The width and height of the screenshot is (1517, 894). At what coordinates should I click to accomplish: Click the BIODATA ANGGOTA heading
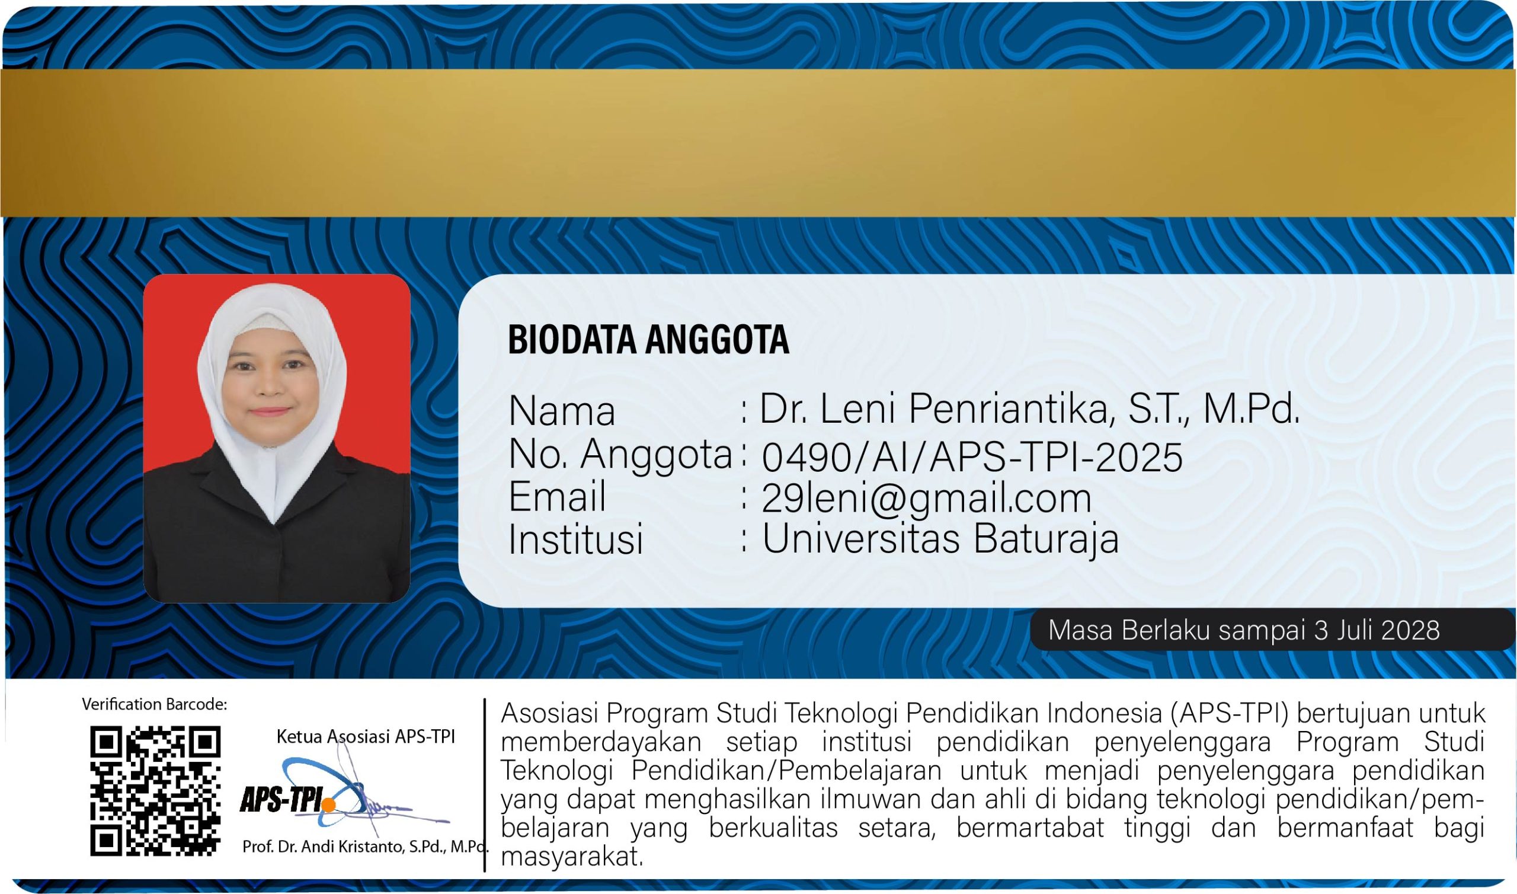pos(648,339)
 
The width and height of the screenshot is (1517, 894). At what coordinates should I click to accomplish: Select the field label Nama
pos(562,411)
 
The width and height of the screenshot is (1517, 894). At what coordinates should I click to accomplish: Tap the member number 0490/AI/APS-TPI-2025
pos(972,456)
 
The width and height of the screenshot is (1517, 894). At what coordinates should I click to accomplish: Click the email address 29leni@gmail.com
pos(926,498)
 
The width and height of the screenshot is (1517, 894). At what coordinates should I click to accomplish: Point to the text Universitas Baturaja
pos(940,538)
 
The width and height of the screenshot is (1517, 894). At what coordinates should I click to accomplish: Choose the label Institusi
pos(575,538)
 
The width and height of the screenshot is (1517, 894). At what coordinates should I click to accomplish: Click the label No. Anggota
pos(620,454)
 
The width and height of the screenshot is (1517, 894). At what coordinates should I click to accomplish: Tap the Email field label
pos(557,496)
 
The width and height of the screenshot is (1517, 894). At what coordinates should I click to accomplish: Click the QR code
pos(155,791)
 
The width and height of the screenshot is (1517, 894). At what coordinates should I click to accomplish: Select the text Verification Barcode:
pos(154,704)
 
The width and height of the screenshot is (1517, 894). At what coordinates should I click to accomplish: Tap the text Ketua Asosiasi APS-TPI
pos(366,736)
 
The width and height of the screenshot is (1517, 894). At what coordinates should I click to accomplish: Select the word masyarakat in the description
pos(572,857)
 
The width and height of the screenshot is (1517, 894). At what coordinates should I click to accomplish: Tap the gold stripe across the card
pos(758,142)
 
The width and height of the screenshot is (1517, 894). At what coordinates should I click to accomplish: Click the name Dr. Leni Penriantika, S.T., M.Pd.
pos(1030,410)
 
